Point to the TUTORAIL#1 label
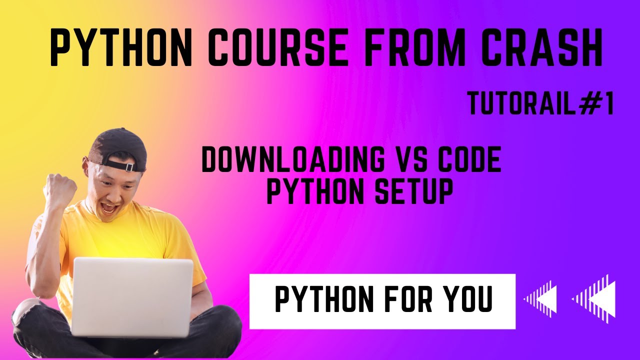click(540, 104)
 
